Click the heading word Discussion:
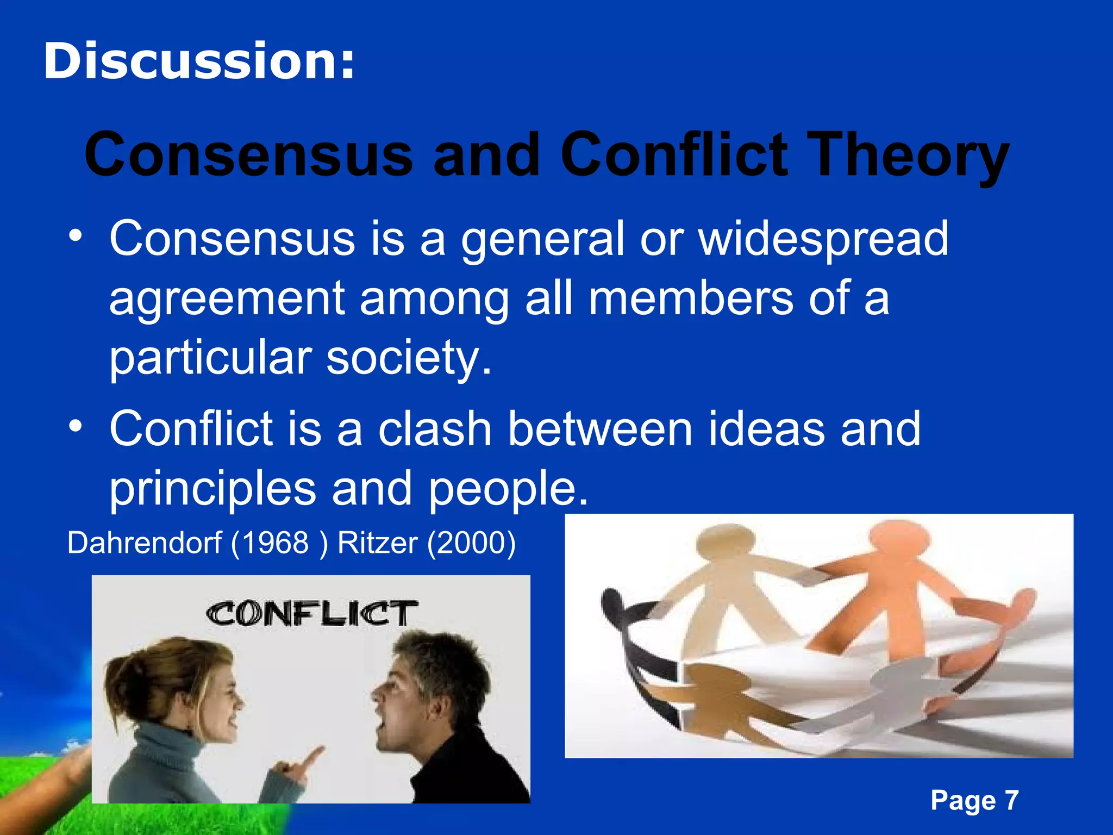point(199,61)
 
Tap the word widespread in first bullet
point(823,239)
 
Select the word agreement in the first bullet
point(227,299)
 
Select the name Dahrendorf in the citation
point(145,543)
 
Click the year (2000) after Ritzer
point(471,543)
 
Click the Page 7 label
point(974,800)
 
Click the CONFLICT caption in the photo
point(311,614)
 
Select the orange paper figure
point(891,587)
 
